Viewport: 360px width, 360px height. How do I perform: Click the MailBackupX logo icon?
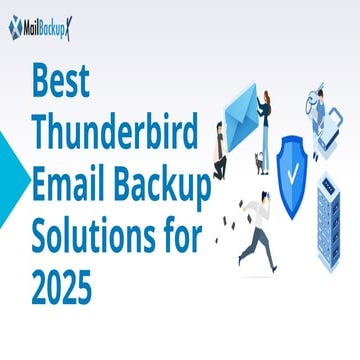[15, 29]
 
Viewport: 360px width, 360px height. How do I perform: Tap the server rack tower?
[335, 226]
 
